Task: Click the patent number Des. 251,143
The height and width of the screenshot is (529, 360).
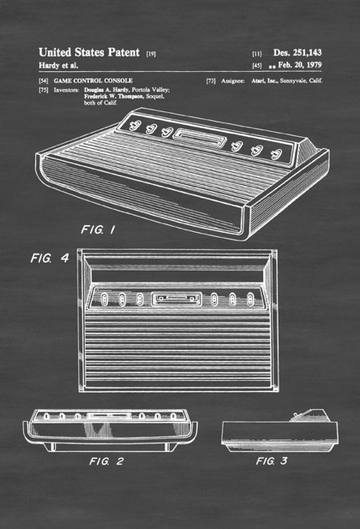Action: pos(298,53)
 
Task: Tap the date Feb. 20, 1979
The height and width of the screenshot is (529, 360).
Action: pos(300,65)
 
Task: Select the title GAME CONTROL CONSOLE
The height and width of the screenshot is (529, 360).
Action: pos(93,81)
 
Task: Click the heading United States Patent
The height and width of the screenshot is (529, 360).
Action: pos(89,52)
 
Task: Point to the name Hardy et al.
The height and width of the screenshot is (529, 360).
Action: pos(58,65)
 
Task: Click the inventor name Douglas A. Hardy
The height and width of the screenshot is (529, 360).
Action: pos(106,90)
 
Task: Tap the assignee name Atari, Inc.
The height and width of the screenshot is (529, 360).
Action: pos(265,81)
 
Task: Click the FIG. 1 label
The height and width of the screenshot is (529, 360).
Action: pos(98,230)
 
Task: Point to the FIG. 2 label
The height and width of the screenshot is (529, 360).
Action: pos(106,461)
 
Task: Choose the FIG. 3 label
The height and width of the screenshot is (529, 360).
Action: pos(272,461)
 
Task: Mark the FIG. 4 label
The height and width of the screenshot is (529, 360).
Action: pos(50,258)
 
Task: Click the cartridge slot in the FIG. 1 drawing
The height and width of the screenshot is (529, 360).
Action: pos(199,138)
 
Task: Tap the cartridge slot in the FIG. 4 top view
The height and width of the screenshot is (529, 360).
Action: pos(177,299)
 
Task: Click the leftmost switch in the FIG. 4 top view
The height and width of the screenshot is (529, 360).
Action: pos(104,299)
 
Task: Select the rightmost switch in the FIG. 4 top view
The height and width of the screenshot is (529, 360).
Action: pos(250,299)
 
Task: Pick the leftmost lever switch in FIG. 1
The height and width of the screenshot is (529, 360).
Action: pos(134,126)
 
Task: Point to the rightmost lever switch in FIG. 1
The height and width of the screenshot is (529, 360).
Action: pos(276,154)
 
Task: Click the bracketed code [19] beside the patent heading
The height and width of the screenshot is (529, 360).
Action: pos(151,54)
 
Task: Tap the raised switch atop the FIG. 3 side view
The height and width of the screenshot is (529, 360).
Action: pos(295,415)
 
